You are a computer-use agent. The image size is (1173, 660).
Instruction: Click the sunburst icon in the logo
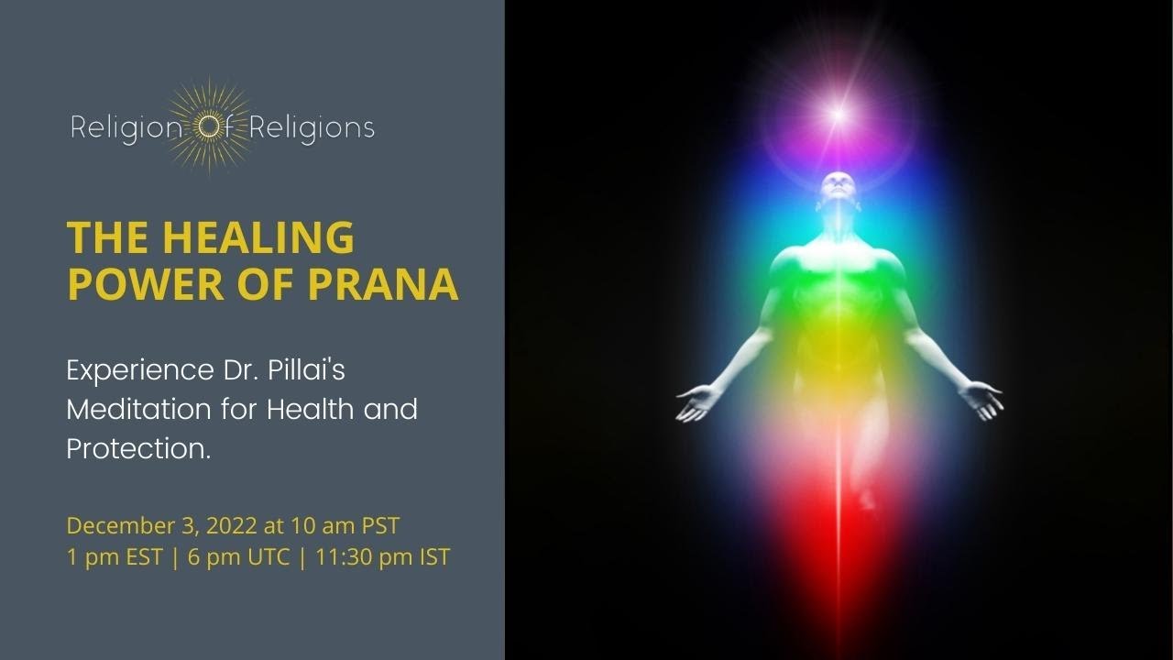point(209,126)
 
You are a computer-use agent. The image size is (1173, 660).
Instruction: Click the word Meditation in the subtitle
point(137,409)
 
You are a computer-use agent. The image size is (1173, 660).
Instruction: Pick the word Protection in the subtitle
point(137,448)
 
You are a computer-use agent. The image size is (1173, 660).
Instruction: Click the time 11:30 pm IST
point(382,556)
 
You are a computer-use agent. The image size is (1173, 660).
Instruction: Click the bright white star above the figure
point(837,115)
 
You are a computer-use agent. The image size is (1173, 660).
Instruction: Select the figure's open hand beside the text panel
point(697,401)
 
